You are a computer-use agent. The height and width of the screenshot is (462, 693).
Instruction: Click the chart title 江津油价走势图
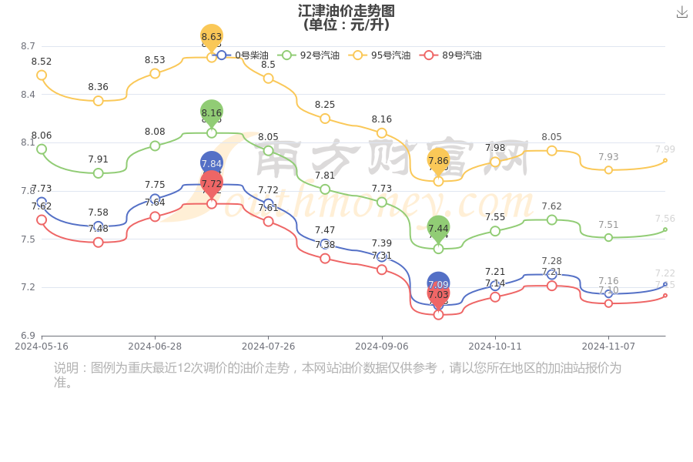[346, 11]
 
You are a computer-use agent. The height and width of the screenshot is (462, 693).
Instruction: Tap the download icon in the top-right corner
[681, 12]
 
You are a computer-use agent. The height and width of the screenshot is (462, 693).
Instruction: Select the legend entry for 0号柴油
[242, 55]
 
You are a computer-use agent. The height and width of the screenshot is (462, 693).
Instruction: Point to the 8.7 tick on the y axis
[28, 46]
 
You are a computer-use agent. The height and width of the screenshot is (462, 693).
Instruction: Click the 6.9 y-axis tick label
[28, 336]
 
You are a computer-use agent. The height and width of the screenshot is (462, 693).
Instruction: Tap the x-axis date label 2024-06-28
[155, 346]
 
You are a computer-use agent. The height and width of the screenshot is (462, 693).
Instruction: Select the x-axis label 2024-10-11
[495, 346]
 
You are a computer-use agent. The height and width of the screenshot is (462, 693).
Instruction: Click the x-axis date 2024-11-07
[608, 346]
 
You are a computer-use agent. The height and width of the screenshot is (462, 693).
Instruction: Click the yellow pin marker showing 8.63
[212, 37]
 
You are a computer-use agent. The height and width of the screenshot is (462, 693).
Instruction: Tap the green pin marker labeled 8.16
[212, 112]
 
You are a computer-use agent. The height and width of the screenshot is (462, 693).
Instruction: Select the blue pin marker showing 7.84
[212, 163]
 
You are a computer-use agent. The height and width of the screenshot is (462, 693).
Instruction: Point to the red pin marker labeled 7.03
[438, 295]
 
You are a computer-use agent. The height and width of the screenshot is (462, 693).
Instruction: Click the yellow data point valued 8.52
[42, 75]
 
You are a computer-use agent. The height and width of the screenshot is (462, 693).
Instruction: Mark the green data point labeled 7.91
[99, 173]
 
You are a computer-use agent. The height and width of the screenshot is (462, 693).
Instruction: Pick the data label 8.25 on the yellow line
[325, 105]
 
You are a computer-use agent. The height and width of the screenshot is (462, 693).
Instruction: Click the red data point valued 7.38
[325, 259]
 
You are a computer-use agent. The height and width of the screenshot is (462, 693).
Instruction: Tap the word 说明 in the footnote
[66, 368]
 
